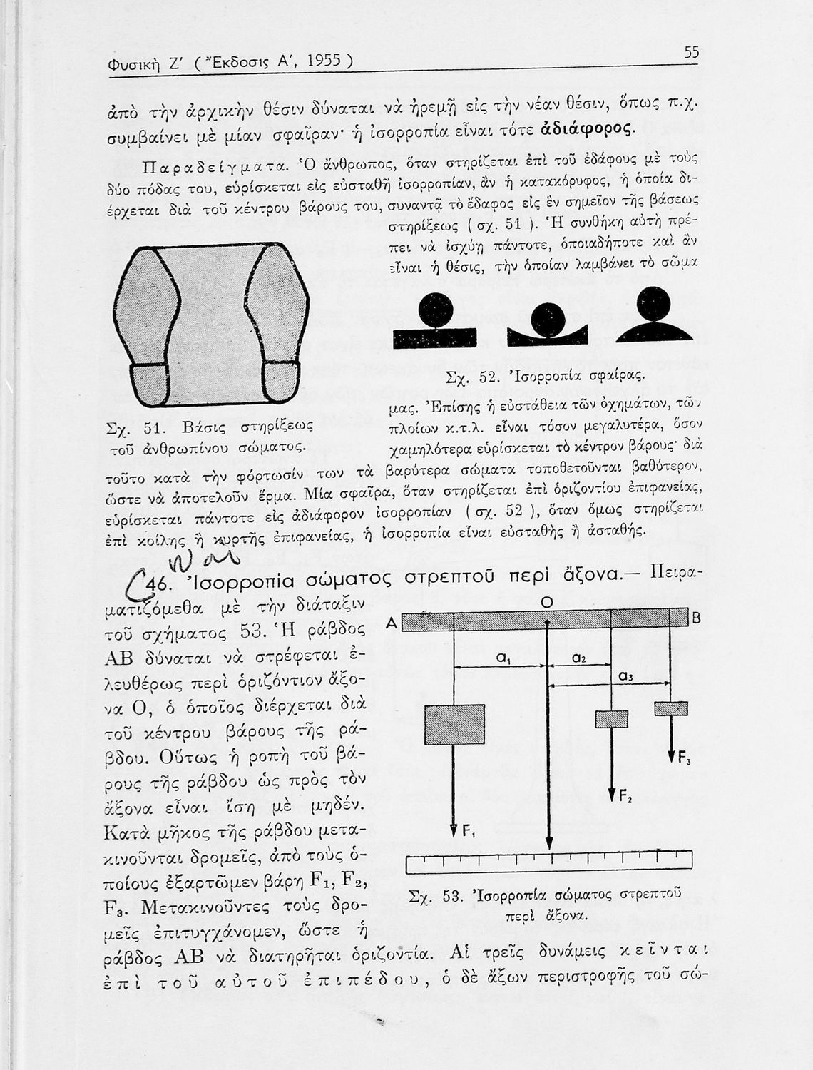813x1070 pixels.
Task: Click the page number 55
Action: point(691,53)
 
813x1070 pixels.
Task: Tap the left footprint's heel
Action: point(150,385)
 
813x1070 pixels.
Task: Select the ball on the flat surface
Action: point(436,309)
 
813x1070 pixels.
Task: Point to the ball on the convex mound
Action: point(654,305)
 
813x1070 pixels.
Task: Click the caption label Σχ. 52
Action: point(465,377)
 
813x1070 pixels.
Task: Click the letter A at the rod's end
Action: point(391,623)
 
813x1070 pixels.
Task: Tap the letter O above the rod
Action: point(546,603)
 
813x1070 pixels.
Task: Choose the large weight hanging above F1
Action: point(454,725)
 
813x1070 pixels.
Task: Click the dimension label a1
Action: point(503,661)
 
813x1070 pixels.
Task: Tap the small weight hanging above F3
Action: point(671,708)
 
